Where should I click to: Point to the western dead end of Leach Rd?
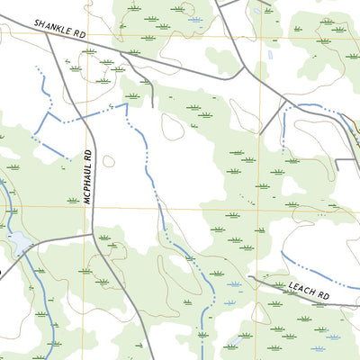pyautogui.click(x=249, y=278)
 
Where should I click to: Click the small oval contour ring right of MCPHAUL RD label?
pyautogui.click(x=109, y=162)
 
